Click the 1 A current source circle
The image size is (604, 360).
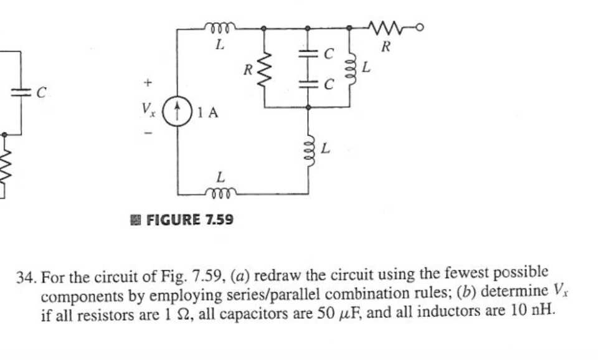(179, 113)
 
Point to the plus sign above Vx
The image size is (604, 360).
(147, 82)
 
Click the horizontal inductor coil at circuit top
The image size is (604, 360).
(220, 27)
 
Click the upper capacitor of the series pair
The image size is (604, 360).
(308, 54)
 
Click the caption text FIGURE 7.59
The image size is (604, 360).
(189, 220)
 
